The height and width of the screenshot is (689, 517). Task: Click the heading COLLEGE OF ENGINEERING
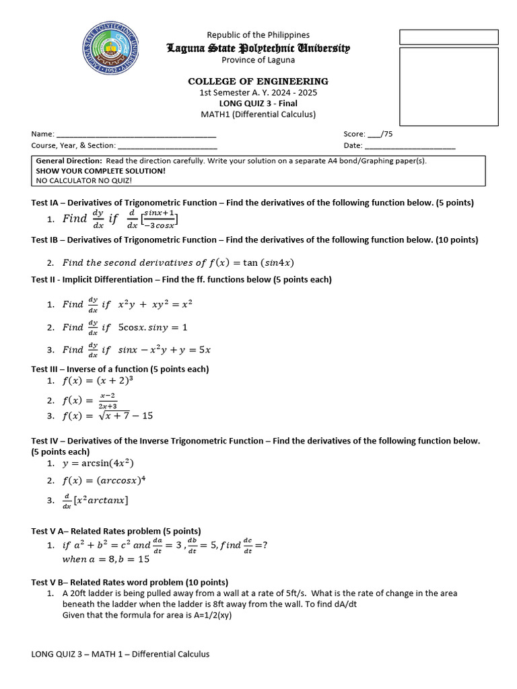click(x=258, y=81)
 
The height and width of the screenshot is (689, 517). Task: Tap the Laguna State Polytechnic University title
click(x=258, y=48)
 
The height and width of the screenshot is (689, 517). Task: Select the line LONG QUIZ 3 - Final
click(x=258, y=103)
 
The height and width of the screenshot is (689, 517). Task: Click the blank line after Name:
click(x=135, y=135)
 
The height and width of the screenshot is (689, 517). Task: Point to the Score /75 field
click(x=368, y=134)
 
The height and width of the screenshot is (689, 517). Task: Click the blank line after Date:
click(x=409, y=145)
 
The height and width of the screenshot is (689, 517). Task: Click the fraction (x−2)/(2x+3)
click(x=108, y=400)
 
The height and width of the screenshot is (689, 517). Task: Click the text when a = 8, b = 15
click(x=106, y=558)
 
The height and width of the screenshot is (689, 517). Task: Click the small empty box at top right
click(x=448, y=36)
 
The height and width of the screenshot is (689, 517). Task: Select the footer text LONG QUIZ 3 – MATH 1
click(x=120, y=654)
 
